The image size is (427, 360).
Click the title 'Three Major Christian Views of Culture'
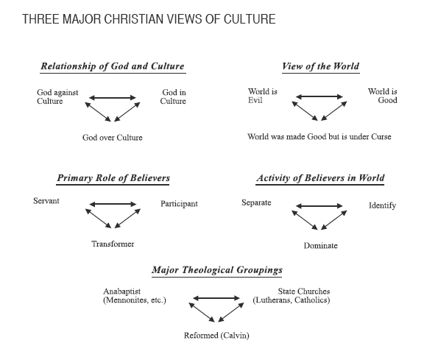tap(149, 19)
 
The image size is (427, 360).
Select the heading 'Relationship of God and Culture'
tap(113, 66)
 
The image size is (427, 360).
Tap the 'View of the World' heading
tap(320, 66)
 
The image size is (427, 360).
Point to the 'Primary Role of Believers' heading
tap(113, 178)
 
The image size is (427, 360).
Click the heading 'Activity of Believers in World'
tap(320, 178)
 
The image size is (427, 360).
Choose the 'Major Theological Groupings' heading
tap(217, 270)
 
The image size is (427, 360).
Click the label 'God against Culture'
tap(57, 96)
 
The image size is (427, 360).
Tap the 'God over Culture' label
tap(113, 138)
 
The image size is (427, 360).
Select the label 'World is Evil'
tap(263, 96)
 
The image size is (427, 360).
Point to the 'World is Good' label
tap(383, 96)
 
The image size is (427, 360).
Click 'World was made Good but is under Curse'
tap(320, 136)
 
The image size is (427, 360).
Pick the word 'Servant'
tap(46, 201)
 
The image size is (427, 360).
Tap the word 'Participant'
tap(179, 204)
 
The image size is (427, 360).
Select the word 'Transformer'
tap(113, 244)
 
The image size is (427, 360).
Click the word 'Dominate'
tap(320, 246)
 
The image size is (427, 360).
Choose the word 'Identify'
tap(382, 205)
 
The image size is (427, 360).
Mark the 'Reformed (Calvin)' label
tap(216, 336)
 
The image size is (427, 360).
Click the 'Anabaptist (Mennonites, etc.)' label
tap(135, 296)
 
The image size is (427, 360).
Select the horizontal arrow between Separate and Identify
tap(320, 206)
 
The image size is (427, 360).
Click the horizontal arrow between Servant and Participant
tap(113, 204)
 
